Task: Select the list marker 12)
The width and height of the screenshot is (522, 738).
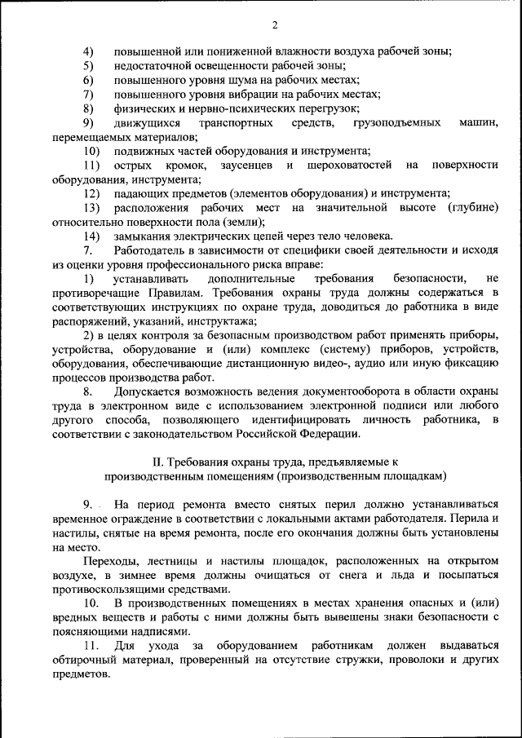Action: [x=92, y=193]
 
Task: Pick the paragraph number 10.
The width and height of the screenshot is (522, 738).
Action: [x=91, y=604]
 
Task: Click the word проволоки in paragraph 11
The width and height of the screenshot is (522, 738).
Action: [x=398, y=661]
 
